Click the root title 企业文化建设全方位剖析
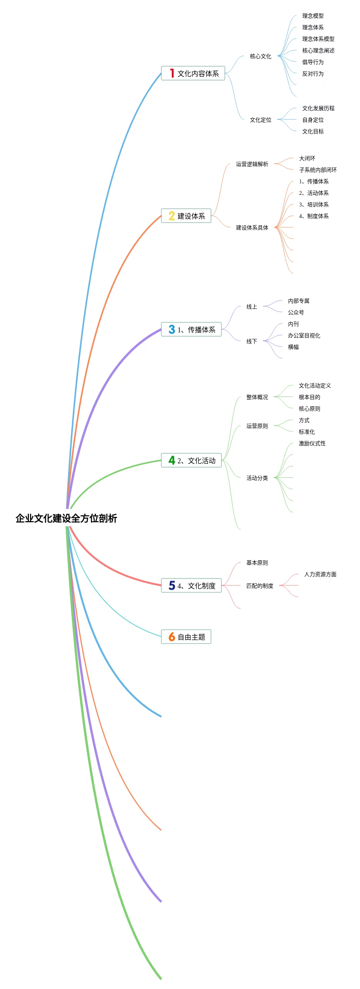pos(66,518)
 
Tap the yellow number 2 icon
pos(172,216)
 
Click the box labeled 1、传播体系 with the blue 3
pos(191,330)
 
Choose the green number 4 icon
pos(172,460)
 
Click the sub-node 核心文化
pos(260,57)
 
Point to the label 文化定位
pos(260,120)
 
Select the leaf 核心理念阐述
pos(318,51)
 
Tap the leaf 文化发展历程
pos(318,109)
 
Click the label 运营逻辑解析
pos(252,164)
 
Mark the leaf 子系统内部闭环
pos(318,170)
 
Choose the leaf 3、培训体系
pos(314,205)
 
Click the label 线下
pos(251,342)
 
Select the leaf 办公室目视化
pos(304,336)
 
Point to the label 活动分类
pos(257,478)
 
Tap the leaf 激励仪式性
pos(312,444)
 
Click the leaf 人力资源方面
pos(320,575)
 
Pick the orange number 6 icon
pos(172,637)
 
